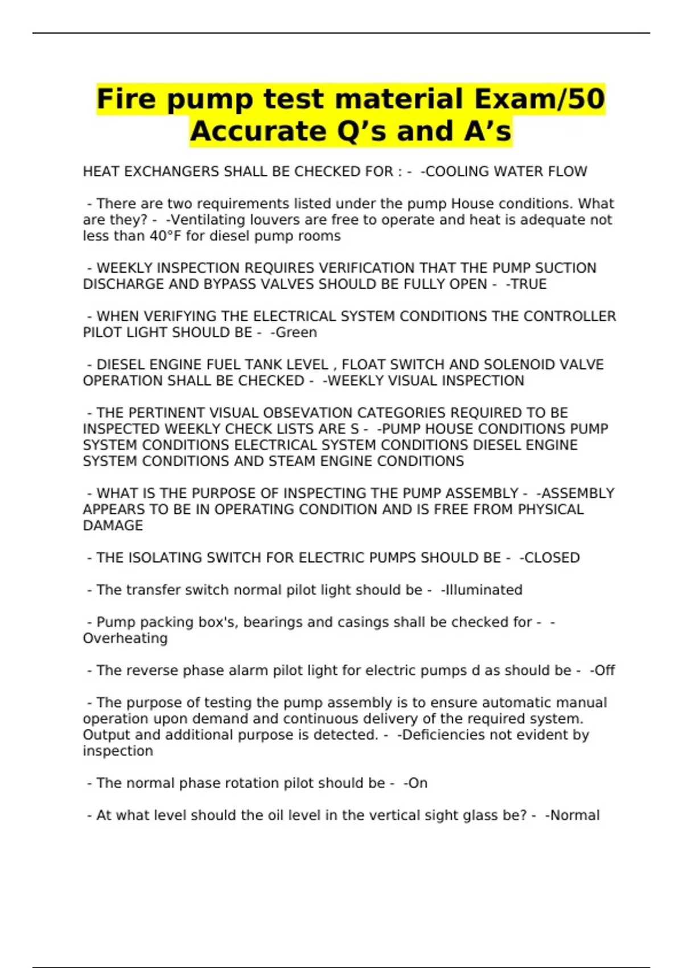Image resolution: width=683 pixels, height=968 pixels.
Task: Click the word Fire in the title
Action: [126, 99]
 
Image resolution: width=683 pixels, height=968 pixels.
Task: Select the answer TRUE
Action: [529, 284]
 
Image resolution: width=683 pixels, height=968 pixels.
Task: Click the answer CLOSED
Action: [552, 557]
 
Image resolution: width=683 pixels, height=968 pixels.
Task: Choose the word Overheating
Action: [125, 638]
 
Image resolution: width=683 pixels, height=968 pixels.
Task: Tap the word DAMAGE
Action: [113, 526]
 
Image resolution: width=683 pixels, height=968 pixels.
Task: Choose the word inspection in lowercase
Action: [118, 751]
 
